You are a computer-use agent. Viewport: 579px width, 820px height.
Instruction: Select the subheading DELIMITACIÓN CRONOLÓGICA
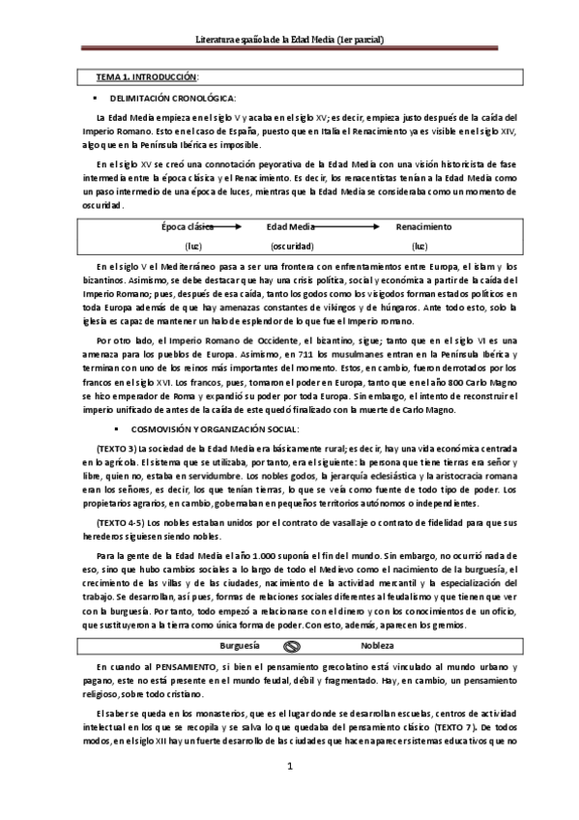pos(173,99)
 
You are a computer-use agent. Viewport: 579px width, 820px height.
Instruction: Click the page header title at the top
pos(290,41)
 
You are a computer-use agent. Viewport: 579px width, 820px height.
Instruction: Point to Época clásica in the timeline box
pos(188,226)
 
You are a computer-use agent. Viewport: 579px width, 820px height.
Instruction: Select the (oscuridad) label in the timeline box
pos(292,247)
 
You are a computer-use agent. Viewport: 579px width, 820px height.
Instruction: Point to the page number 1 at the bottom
pos(289,795)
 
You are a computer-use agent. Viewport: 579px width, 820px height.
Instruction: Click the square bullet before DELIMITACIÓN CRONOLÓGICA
pos(96,99)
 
